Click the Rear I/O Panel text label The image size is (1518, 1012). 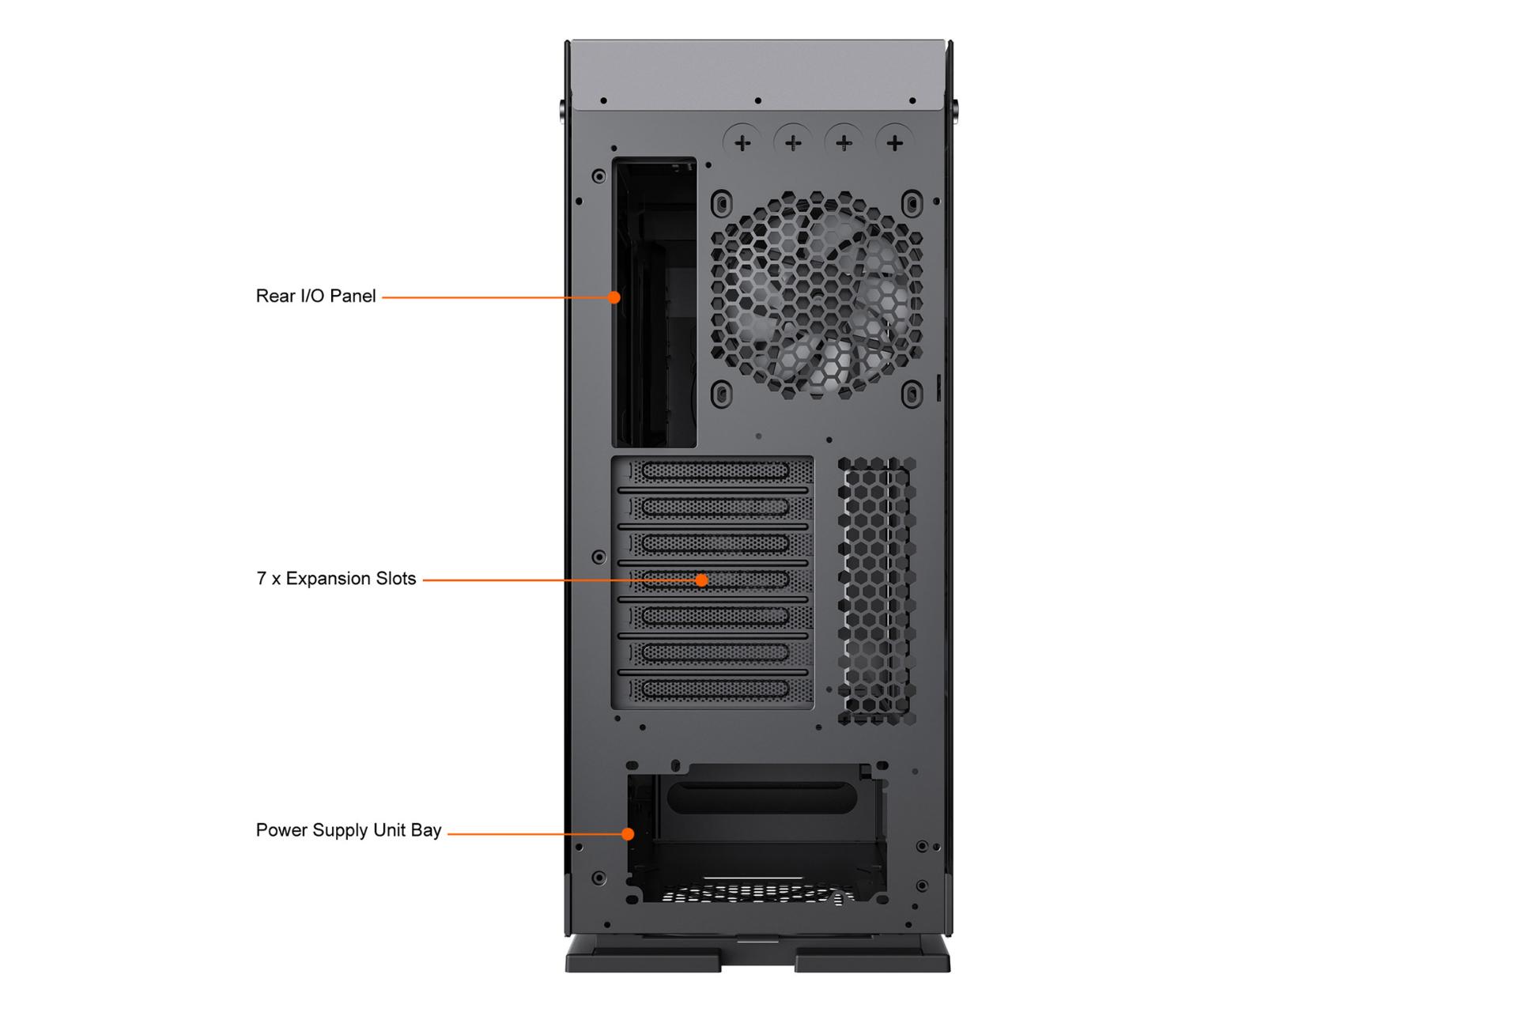(315, 296)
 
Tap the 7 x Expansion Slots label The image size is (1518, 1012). (336, 579)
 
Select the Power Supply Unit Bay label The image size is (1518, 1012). (349, 830)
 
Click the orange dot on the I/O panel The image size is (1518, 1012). (614, 297)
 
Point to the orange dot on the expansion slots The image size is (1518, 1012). (701, 580)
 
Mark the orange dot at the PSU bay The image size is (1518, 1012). (628, 833)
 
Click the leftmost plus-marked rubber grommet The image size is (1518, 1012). (742, 143)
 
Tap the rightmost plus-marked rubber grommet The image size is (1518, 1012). (895, 143)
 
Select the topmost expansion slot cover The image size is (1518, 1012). (715, 472)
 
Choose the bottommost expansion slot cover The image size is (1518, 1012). (715, 689)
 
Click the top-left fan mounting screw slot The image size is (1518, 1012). (721, 203)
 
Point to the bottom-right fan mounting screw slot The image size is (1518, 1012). (912, 393)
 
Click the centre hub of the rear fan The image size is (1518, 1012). (817, 295)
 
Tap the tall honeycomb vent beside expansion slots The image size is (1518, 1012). (876, 591)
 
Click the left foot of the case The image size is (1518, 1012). (643, 954)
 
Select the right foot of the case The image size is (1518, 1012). (873, 954)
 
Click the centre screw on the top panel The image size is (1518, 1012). (757, 100)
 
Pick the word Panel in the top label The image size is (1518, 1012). (353, 296)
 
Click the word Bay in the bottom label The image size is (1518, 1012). (425, 831)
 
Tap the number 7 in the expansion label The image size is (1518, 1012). (261, 579)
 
